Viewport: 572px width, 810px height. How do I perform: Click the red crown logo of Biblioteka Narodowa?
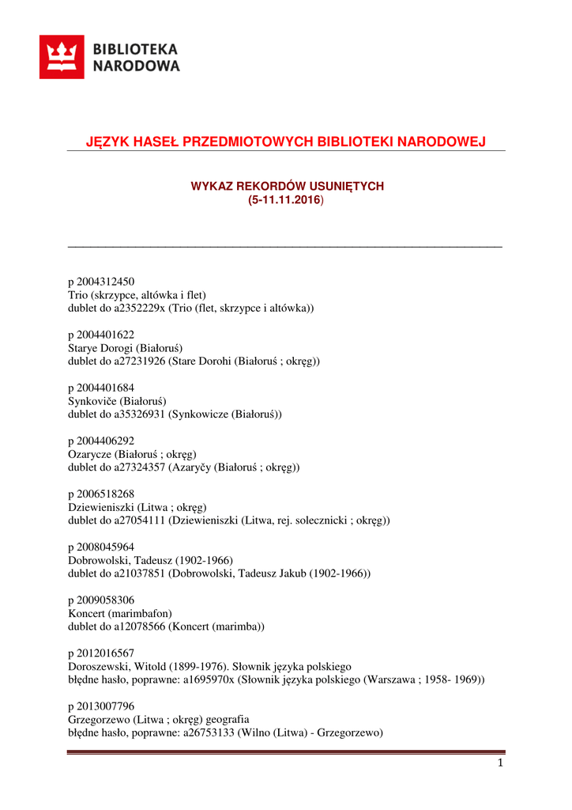pos(62,57)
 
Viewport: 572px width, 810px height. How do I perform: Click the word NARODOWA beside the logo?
pos(137,66)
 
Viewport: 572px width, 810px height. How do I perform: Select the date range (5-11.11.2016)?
pos(285,201)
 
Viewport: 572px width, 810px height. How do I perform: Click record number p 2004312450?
pos(101,282)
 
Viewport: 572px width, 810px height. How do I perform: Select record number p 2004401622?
pos(101,335)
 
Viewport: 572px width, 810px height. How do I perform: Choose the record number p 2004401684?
pos(101,388)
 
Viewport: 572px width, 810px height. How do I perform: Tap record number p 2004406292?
pos(101,441)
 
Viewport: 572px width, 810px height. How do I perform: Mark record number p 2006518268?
pos(101,494)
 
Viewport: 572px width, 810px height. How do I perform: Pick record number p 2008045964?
pos(101,547)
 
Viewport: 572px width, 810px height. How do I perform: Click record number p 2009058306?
pos(101,600)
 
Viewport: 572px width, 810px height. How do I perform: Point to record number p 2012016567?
pos(101,653)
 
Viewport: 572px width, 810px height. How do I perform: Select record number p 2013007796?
pos(101,706)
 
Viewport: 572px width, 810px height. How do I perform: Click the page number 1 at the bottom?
pos(500,763)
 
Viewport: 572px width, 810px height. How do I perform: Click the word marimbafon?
pos(141,613)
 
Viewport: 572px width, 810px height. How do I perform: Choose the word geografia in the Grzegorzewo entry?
pos(228,719)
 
